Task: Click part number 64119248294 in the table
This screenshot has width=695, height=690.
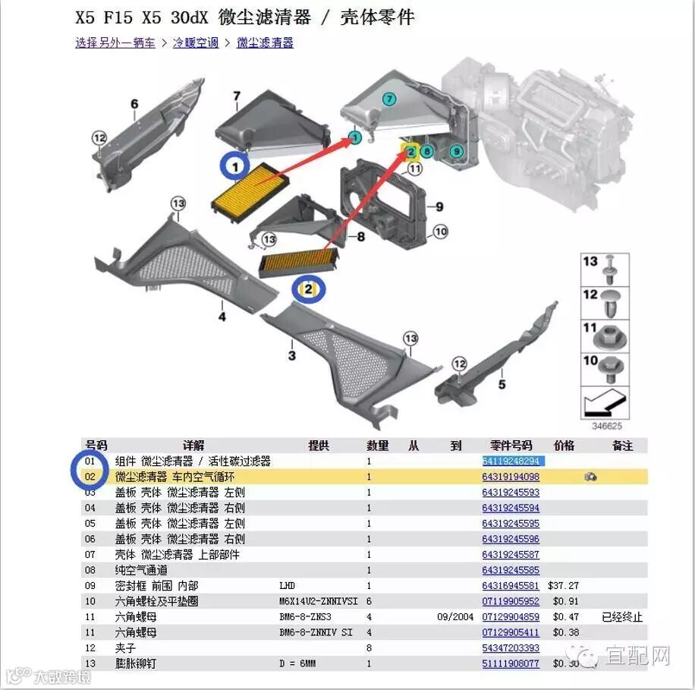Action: tap(511, 462)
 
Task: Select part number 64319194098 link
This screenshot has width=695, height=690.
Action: tap(511, 477)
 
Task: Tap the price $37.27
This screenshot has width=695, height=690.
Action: tap(563, 586)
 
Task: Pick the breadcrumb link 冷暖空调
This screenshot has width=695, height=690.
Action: tap(194, 43)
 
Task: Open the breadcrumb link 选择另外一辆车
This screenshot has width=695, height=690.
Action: tap(115, 43)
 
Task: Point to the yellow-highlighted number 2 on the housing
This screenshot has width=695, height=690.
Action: tap(410, 151)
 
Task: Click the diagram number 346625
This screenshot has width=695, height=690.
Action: tap(606, 427)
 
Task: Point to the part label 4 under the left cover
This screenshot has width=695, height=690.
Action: tap(222, 317)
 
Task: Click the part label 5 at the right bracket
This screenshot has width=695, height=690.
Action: tap(502, 385)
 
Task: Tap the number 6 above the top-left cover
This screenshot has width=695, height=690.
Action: tap(134, 105)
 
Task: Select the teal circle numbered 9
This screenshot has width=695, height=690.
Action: tap(456, 152)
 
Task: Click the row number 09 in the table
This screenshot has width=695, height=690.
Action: tap(90, 586)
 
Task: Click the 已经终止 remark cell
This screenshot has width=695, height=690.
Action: tap(621, 617)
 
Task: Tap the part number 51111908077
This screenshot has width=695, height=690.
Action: tap(511, 663)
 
